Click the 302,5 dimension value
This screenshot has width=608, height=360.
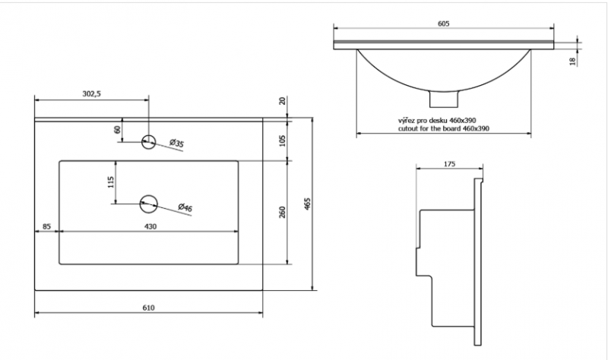point(92,93)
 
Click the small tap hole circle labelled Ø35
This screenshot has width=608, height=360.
point(150,140)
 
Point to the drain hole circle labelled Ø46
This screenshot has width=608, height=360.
point(149,202)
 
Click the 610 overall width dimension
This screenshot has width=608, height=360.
point(149,308)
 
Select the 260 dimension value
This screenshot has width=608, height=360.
point(281,212)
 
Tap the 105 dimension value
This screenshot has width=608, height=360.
point(281,139)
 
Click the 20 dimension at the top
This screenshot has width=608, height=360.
point(282,101)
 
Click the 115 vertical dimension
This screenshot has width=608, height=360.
point(110,182)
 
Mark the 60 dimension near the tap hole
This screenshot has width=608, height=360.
point(118,129)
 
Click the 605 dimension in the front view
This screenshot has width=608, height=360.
point(445,24)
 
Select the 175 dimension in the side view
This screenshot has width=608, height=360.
point(448,164)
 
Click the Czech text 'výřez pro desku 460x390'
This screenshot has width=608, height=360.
point(436,121)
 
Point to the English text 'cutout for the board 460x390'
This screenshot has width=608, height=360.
point(443,129)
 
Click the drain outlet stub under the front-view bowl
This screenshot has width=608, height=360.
point(445,99)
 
